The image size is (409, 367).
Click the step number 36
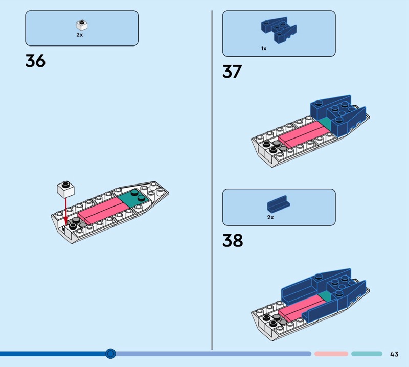35,61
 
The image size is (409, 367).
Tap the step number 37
232,72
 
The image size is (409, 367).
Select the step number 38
233,240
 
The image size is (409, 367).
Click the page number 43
394,354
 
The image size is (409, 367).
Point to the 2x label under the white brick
80,35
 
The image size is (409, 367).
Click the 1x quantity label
264,48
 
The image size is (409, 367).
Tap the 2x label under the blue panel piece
270,217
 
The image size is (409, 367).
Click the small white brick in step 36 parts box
82,25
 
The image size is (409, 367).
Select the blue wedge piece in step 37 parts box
279,30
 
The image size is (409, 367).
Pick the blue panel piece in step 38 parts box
279,203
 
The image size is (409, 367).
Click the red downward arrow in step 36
66,211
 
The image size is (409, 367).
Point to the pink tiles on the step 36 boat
104,210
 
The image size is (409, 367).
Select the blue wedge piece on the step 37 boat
338,116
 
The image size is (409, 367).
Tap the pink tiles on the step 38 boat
302,308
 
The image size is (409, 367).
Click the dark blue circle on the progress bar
110,354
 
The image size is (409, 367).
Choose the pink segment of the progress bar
331,354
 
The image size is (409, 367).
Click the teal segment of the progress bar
367,354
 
